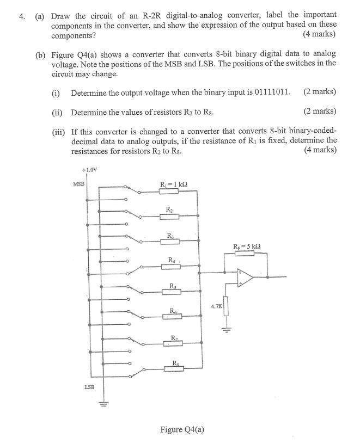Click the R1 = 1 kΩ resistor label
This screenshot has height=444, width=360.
pyautogui.click(x=173, y=184)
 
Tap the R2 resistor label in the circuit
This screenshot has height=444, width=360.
pyautogui.click(x=169, y=209)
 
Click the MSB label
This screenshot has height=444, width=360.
pyautogui.click(x=79, y=184)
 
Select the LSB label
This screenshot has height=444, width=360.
pyautogui.click(x=90, y=387)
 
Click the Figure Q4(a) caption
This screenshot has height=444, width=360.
pyautogui.click(x=182, y=429)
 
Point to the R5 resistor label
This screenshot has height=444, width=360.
pyautogui.click(x=173, y=286)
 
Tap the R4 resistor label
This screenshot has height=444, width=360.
pyautogui.click(x=172, y=260)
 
